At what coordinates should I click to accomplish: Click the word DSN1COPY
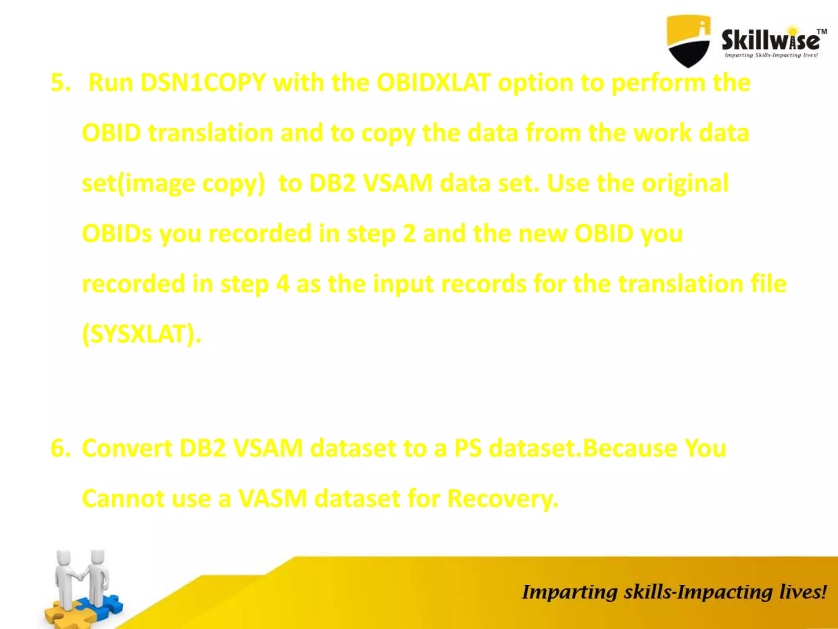pos(203,83)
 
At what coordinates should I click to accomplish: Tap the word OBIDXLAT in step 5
pos(433,83)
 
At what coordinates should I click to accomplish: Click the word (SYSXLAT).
pos(142,334)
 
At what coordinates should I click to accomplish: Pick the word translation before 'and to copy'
pos(210,133)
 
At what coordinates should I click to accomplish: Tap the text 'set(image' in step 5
pos(139,183)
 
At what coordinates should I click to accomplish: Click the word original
pos(685,183)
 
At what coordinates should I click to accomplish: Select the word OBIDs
pos(117,234)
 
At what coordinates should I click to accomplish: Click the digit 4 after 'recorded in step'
pos(282,284)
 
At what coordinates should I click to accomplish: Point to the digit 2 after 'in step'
pos(409,234)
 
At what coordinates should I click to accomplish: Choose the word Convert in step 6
pos(127,448)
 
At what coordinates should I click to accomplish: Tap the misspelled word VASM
pos(273,498)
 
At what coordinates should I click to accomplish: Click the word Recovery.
pos(502,499)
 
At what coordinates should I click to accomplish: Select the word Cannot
pos(123,498)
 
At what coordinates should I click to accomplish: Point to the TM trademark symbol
pos(822,32)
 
